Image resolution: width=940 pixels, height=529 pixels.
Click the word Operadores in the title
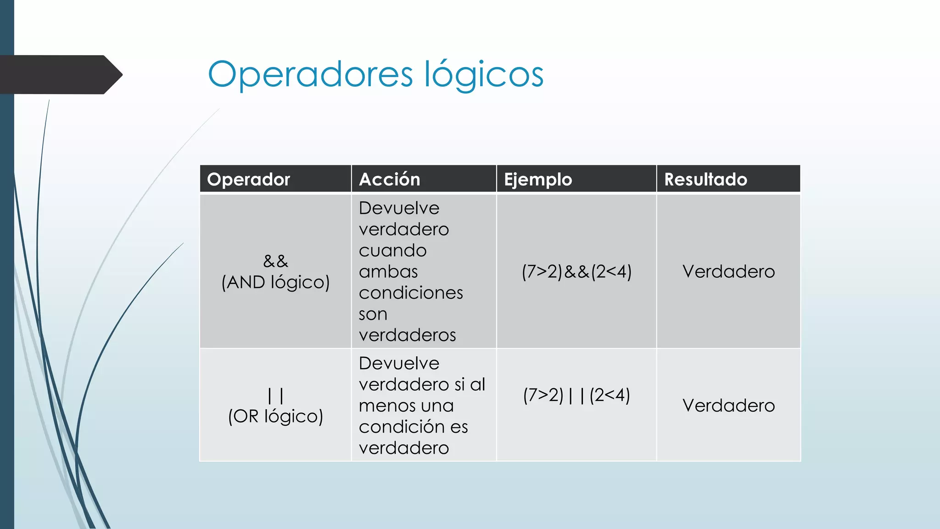point(310,74)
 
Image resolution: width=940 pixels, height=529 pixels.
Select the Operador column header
point(248,179)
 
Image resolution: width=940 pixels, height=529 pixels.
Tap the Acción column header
point(389,179)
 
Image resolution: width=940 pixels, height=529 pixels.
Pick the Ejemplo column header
point(538,179)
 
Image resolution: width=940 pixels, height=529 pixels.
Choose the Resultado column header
point(705,179)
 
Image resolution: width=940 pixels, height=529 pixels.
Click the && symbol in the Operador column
point(275,261)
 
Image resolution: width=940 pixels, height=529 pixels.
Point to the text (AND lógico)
point(275,282)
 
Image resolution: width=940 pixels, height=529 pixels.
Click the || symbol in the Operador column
point(275,395)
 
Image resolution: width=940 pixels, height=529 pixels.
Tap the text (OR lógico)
point(275,416)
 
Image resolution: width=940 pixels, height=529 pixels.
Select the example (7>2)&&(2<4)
point(576,271)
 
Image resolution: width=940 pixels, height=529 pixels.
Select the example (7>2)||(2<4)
point(576,395)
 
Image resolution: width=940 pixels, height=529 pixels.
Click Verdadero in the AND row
point(728,271)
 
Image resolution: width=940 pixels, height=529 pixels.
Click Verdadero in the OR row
point(728,405)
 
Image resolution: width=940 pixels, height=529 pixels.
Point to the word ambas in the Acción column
point(388,271)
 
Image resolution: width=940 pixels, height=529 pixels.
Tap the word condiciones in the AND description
point(411,293)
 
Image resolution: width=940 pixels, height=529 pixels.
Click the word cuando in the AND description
point(392,250)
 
